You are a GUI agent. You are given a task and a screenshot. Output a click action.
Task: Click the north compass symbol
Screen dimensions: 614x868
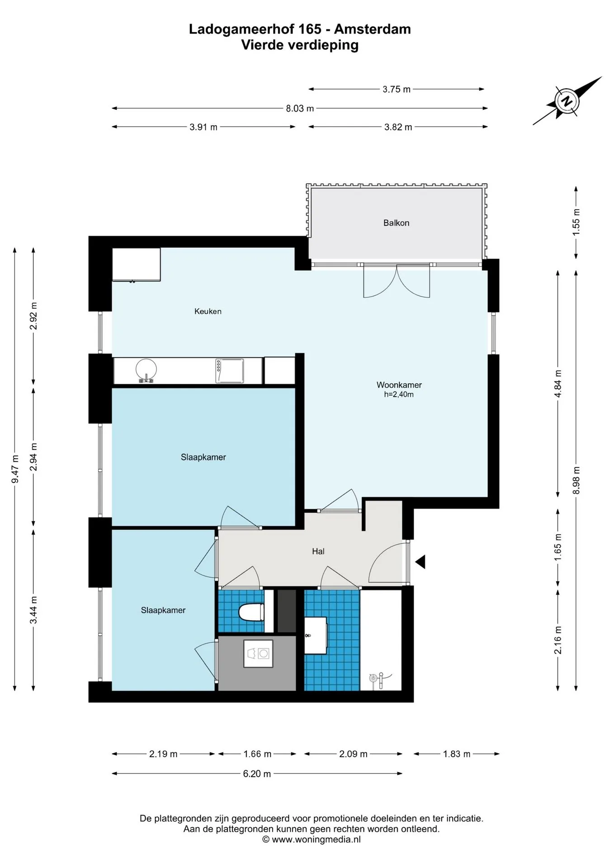[x=567, y=101]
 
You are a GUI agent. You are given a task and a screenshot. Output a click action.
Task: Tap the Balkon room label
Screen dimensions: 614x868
[x=396, y=223]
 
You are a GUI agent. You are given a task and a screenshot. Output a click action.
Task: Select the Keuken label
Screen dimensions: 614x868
[x=208, y=311]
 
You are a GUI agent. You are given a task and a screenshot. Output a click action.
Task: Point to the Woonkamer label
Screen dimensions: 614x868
[x=399, y=385]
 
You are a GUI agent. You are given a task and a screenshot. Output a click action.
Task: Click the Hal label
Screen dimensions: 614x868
[x=318, y=551]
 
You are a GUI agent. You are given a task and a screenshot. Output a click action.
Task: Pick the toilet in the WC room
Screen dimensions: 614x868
[x=251, y=613]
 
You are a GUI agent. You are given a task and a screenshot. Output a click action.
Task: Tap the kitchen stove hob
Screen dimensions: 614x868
[x=230, y=371]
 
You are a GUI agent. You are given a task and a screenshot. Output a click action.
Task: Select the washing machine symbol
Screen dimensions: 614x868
[x=258, y=653]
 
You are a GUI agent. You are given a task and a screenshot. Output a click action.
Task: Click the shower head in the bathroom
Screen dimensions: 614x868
[x=373, y=678]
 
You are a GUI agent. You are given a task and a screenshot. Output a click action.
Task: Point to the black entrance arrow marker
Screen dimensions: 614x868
[x=420, y=562]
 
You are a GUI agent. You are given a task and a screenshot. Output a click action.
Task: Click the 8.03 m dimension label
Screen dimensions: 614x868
[x=300, y=108]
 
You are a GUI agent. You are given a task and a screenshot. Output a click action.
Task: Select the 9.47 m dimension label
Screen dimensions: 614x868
[x=15, y=469]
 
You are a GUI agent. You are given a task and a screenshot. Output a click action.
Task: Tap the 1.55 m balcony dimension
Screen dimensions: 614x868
[x=576, y=222]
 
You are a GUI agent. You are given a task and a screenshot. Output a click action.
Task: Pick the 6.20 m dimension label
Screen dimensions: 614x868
[x=257, y=774]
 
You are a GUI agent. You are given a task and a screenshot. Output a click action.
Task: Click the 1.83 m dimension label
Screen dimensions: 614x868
[x=457, y=754]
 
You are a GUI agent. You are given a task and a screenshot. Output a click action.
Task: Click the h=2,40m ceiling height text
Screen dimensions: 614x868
[x=399, y=394]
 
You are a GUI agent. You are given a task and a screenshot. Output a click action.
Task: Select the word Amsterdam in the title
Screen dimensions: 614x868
[x=373, y=29]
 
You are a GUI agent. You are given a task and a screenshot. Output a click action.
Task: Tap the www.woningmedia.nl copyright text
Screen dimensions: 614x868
[x=312, y=840]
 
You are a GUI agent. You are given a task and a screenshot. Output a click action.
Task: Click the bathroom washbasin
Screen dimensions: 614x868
[x=316, y=635]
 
